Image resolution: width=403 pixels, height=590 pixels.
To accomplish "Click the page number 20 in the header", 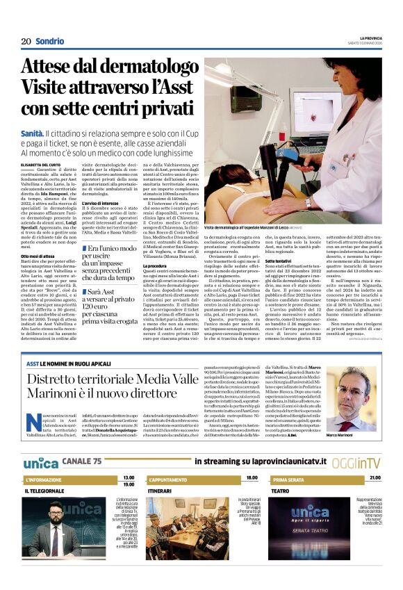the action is pos(26,41).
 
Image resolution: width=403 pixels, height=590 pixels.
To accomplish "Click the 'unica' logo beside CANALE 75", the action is pos(40,461).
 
